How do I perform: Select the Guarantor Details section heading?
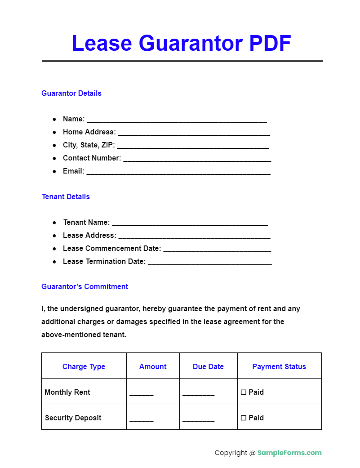71,94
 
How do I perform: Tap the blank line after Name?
177,120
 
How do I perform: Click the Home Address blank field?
194,133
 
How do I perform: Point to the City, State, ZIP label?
89,145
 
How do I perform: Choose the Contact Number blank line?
197,159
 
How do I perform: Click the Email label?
73,171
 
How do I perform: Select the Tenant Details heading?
66,197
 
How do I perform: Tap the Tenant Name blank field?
190,223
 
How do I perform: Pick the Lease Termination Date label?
104,262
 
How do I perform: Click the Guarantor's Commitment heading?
84,287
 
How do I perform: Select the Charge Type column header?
84,367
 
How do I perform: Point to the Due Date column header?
208,367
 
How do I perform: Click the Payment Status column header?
279,367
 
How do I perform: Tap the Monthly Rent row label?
67,392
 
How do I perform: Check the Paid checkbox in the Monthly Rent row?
244,392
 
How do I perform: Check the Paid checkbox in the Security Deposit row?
244,418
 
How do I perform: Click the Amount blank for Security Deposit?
142,419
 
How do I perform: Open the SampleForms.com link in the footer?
289,453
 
